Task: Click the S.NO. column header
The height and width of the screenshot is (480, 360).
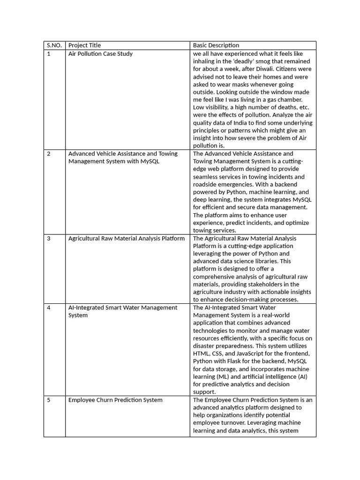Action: tap(54, 45)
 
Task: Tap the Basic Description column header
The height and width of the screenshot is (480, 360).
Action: tap(216, 45)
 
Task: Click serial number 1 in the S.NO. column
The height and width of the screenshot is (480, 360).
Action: tap(48, 54)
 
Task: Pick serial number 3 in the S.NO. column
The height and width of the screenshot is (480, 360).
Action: tap(48, 239)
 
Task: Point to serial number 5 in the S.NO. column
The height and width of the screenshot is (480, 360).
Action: tap(48, 400)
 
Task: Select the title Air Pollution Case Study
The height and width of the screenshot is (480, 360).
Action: tap(100, 54)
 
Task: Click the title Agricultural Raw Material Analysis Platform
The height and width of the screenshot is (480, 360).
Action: tap(127, 239)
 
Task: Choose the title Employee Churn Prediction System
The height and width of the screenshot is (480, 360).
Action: tap(115, 400)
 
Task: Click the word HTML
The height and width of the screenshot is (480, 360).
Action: tap(202, 353)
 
